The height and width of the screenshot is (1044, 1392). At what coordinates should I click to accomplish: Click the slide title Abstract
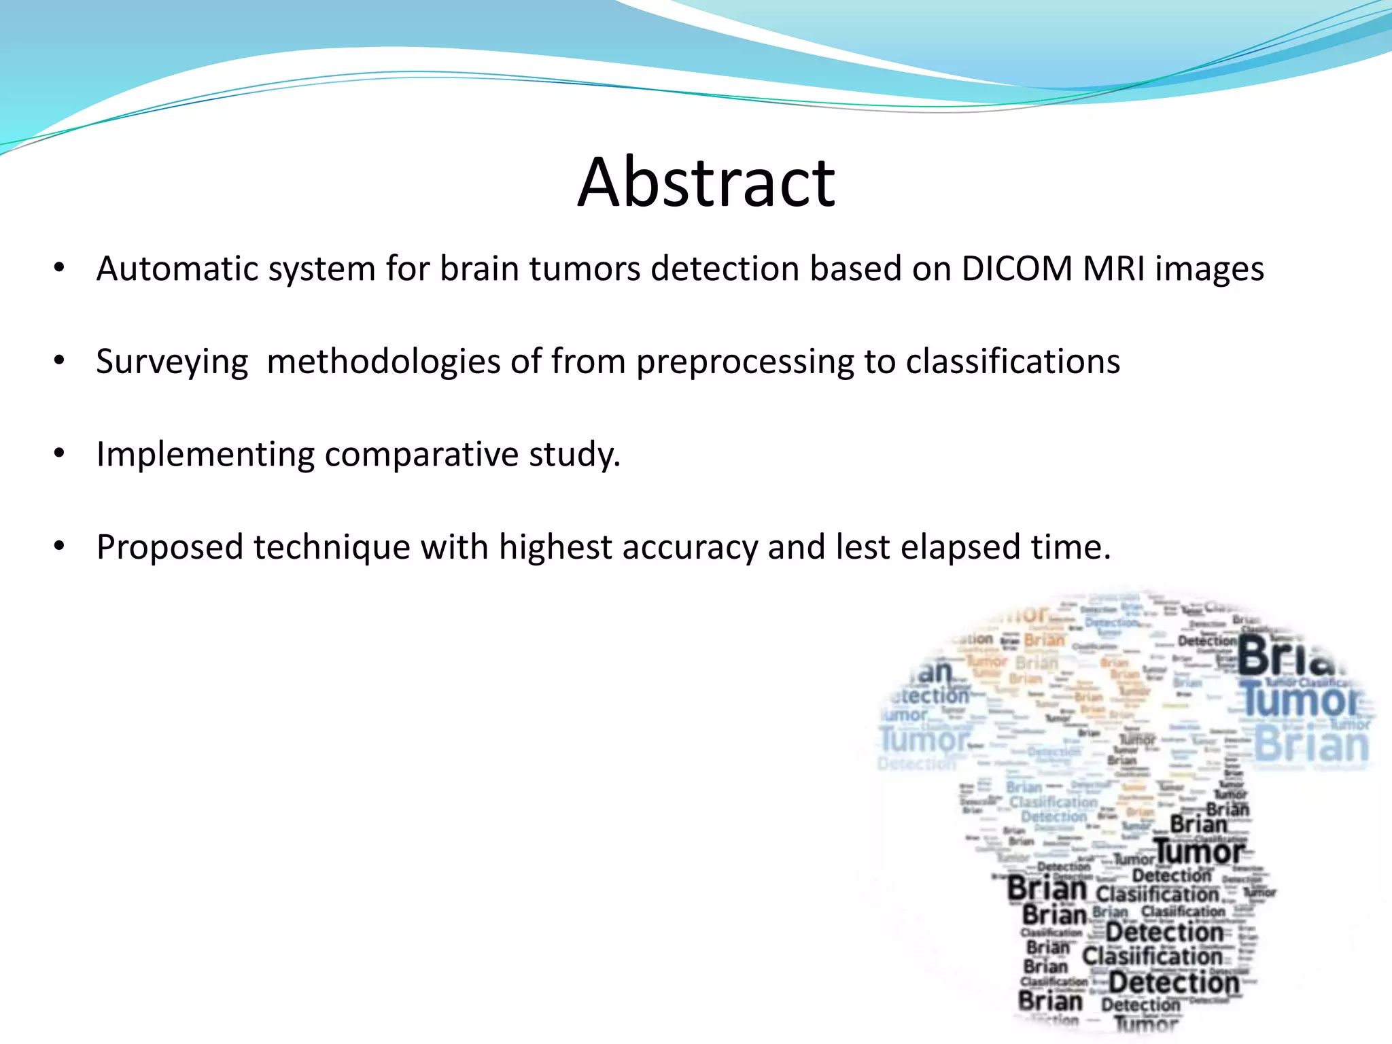click(x=706, y=181)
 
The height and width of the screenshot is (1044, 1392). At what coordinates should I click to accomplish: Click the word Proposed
click(x=170, y=548)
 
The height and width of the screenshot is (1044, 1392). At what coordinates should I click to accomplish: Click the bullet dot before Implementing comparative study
click(x=59, y=453)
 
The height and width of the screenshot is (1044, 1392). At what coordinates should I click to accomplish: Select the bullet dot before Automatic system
click(x=59, y=268)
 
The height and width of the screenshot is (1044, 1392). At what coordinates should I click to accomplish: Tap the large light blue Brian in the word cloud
click(x=1310, y=745)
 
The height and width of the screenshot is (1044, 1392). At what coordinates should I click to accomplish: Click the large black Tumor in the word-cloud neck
click(x=1200, y=852)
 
